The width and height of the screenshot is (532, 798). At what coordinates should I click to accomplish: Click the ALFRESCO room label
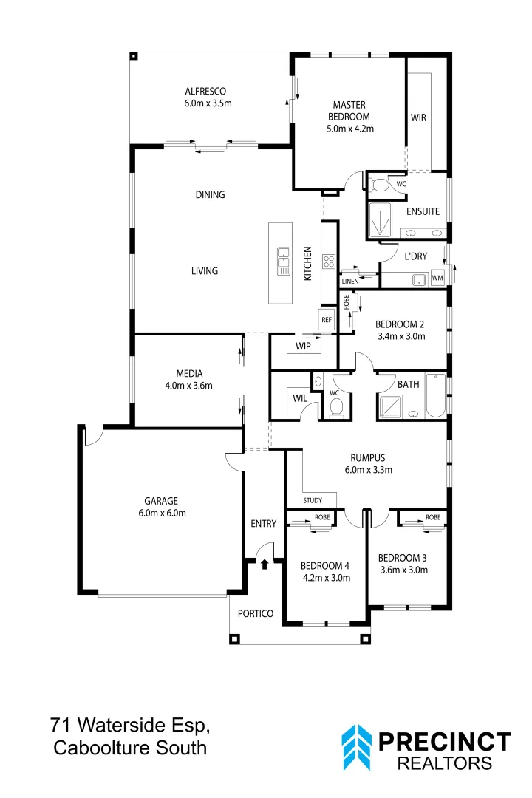(x=208, y=92)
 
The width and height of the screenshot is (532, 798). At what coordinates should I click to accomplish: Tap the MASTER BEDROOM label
(x=350, y=105)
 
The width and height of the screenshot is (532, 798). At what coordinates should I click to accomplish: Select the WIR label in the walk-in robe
(x=418, y=117)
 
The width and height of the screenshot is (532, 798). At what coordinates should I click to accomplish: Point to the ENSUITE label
(x=423, y=211)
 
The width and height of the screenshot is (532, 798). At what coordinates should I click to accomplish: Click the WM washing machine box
(x=437, y=279)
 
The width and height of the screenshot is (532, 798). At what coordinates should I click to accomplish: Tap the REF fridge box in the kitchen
(x=326, y=319)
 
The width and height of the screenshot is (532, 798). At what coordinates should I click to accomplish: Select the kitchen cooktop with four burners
(x=329, y=262)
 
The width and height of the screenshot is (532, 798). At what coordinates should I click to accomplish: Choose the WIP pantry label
(x=303, y=346)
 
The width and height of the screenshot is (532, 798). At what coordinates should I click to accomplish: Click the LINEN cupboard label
(x=350, y=282)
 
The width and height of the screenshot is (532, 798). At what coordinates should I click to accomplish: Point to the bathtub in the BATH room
(x=434, y=398)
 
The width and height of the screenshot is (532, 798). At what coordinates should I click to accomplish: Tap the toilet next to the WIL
(x=335, y=407)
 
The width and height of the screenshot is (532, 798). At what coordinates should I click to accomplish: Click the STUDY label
(x=313, y=501)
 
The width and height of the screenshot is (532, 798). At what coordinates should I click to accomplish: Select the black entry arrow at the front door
(x=265, y=564)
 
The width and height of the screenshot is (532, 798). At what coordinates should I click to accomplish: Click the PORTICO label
(x=256, y=614)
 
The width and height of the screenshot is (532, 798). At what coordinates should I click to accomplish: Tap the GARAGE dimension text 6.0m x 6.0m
(x=162, y=513)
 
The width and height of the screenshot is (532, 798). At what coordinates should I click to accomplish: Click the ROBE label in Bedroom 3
(x=432, y=517)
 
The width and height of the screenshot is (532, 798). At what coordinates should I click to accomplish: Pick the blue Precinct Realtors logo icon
(x=356, y=747)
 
